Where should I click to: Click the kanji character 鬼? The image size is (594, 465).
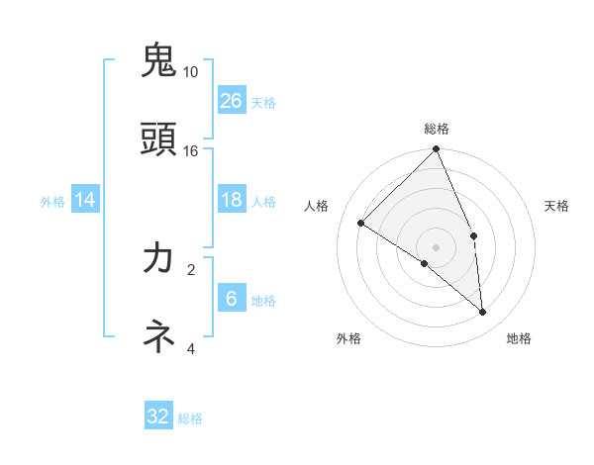point(159,60)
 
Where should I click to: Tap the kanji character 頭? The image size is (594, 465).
point(159,139)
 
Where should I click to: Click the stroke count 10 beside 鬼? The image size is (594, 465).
point(191,72)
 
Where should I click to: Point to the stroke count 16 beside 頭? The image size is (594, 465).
point(191,150)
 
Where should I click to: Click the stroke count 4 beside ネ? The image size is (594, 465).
point(191,348)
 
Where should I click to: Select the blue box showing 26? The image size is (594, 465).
point(232,100)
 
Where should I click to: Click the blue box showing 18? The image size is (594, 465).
point(232,200)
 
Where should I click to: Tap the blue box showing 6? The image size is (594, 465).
point(232,299)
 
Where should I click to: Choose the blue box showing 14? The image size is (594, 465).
point(85,200)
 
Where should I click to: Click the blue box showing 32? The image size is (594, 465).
point(158,417)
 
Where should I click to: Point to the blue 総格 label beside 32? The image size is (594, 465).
point(191,418)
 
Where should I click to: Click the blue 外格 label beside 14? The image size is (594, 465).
point(52,202)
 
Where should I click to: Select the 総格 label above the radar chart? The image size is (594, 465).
point(437,129)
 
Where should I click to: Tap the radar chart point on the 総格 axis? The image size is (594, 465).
point(437,149)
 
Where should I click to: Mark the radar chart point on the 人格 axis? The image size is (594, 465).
point(361,223)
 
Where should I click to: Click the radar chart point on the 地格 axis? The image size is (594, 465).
point(482,312)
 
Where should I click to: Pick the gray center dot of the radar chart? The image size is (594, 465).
point(437,246)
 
